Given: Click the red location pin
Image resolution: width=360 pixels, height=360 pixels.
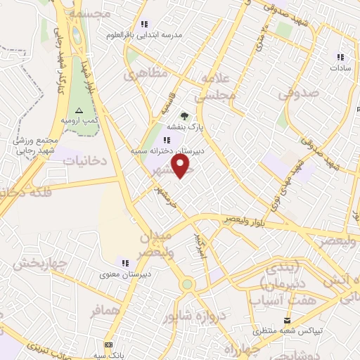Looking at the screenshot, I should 181,167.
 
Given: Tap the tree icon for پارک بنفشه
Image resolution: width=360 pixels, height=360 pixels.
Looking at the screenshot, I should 184,116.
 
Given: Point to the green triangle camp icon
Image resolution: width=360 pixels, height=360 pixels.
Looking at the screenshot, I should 79,110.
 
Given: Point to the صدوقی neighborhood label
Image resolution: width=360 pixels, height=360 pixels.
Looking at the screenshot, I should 298,92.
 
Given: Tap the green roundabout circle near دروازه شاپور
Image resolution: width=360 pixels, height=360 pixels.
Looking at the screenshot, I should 186,284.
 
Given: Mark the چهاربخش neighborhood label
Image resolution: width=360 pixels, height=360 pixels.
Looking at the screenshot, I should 39,264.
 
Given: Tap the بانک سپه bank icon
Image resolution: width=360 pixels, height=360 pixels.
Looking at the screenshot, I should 108,345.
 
